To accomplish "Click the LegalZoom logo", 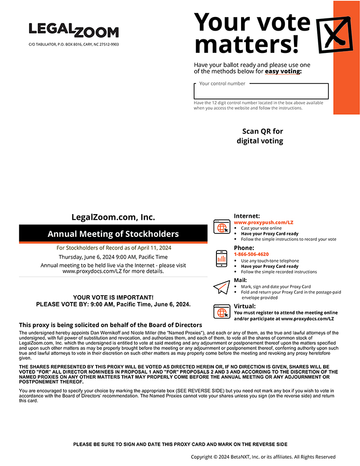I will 73,31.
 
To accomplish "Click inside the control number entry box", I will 261,92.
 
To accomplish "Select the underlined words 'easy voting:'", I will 283,71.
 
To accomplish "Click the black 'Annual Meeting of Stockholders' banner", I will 113,233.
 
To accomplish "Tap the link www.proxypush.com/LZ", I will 263,222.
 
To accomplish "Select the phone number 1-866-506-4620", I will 251,254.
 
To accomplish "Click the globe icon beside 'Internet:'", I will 222,227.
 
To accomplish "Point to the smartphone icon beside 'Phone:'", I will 222,258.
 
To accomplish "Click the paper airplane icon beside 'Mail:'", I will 221,287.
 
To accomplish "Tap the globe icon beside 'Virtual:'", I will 222,311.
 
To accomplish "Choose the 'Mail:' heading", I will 240,280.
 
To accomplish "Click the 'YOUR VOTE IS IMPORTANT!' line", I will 113,297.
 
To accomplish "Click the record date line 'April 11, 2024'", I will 114,248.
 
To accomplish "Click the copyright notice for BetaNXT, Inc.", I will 263,457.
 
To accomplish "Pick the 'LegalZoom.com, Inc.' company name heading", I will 113,217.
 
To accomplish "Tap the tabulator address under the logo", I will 74,44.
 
